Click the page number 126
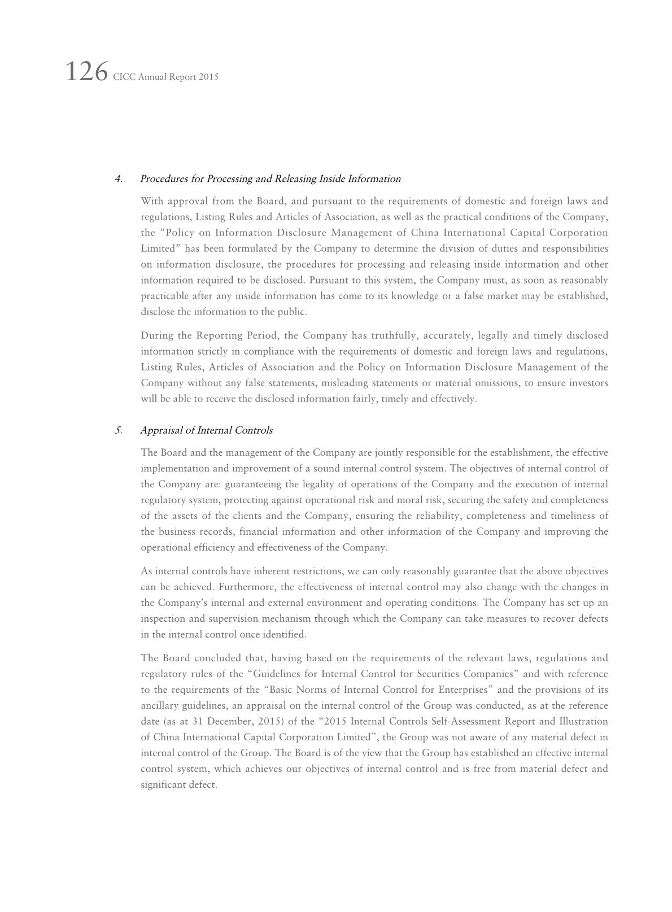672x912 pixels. tap(86, 72)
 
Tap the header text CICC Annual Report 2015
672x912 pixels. tap(165, 77)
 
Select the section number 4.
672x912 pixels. tap(119, 179)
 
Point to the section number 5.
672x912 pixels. tap(119, 430)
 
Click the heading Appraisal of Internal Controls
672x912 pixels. tap(206, 430)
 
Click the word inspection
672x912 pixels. tap(163, 618)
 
